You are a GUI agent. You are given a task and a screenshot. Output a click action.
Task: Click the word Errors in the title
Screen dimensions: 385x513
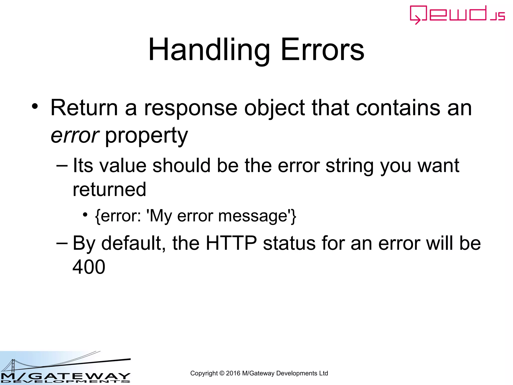point(322,50)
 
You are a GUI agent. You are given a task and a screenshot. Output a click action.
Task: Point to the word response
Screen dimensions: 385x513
point(191,108)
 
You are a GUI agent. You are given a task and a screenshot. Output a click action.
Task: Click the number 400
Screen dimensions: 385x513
point(89,267)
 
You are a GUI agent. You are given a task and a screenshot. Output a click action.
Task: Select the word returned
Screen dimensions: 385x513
point(109,189)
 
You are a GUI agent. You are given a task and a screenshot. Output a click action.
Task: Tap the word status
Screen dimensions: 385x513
point(289,243)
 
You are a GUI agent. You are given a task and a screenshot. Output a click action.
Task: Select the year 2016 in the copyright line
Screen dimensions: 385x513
point(233,373)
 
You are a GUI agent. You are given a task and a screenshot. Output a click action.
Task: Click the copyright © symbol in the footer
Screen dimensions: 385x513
point(222,373)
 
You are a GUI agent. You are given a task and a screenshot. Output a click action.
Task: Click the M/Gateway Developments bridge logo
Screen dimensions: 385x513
point(65,368)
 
